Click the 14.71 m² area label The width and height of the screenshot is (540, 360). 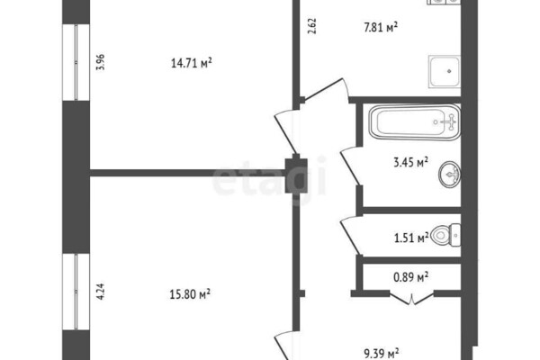[x=191, y=63]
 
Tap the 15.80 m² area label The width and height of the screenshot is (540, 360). [x=190, y=294]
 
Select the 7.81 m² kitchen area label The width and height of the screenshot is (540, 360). [x=381, y=27]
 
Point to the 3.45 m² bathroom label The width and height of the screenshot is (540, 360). [x=411, y=162]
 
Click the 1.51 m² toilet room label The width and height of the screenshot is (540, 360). [x=411, y=238]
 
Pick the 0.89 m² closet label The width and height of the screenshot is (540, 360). [x=411, y=276]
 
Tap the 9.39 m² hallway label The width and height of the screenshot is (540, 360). [x=382, y=354]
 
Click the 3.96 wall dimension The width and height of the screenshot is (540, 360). [x=101, y=62]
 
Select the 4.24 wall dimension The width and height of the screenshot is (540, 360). [x=101, y=292]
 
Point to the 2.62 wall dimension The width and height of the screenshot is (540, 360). [x=312, y=26]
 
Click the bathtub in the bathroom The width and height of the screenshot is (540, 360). [x=415, y=122]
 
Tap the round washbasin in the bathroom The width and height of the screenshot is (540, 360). [x=450, y=175]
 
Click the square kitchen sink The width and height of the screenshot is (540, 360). [x=445, y=72]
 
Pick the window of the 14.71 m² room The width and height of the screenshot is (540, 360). [x=76, y=62]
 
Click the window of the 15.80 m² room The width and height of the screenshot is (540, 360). [x=76, y=292]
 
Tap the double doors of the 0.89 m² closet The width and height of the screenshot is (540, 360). [x=411, y=298]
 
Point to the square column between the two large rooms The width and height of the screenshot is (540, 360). [x=296, y=174]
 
